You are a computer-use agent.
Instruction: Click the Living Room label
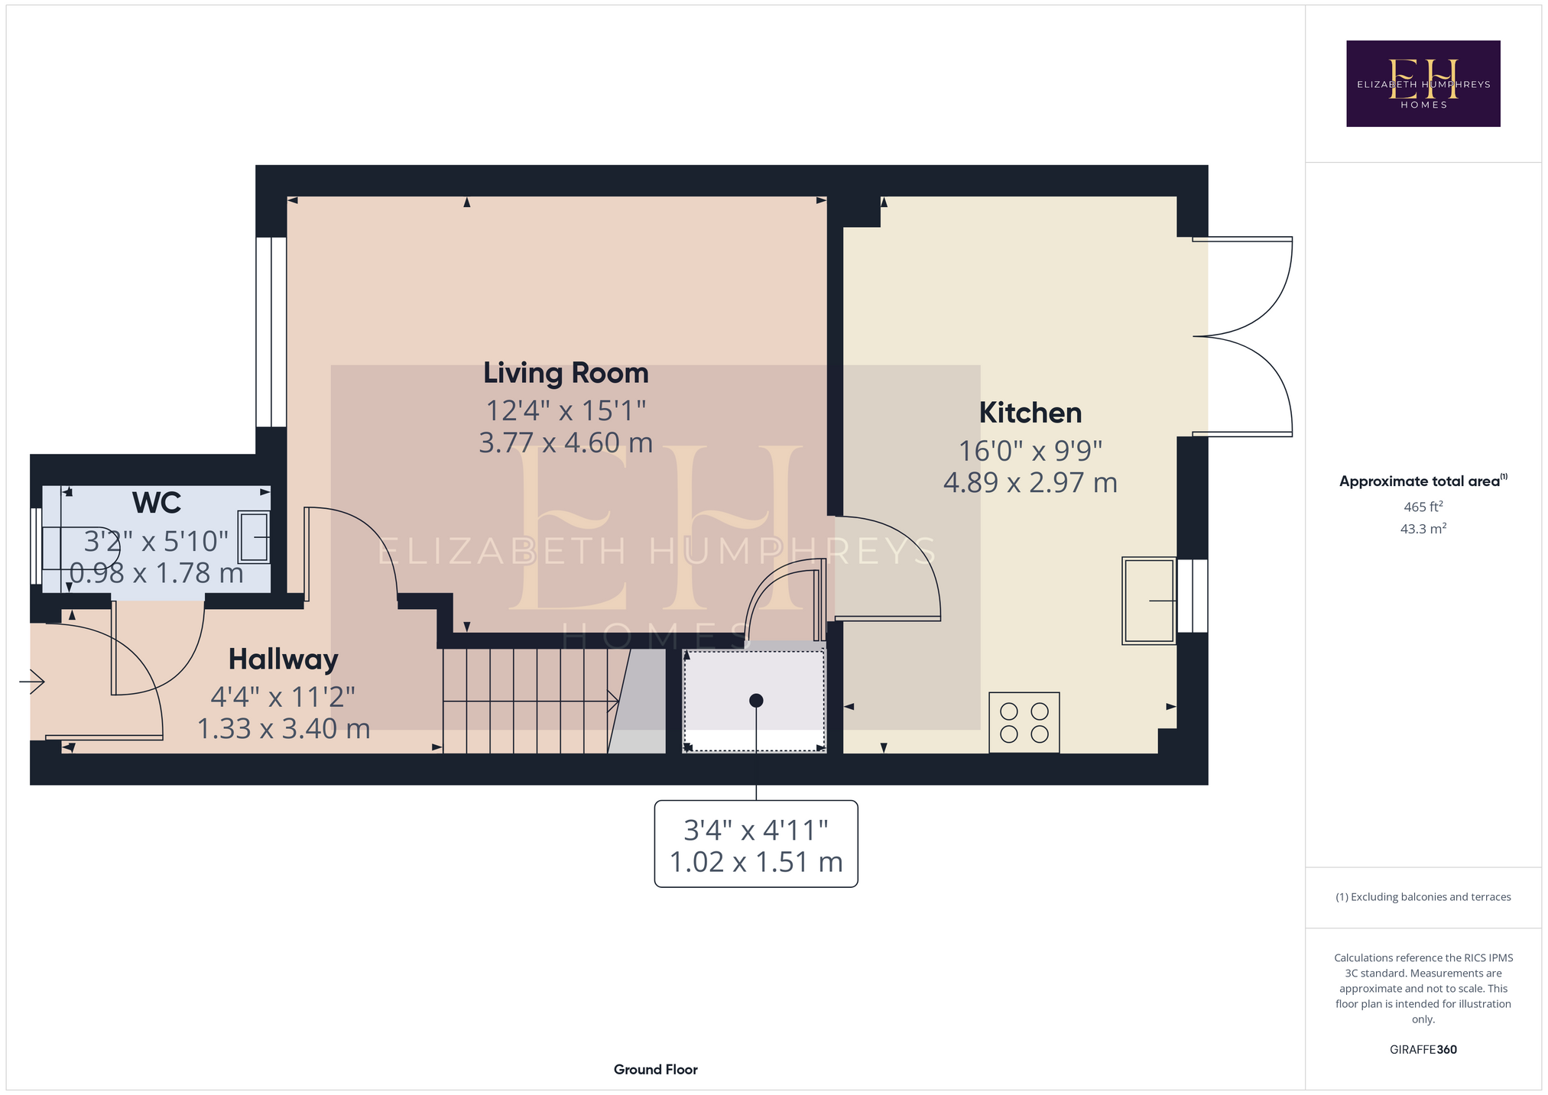coord(566,374)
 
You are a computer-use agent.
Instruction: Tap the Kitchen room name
coord(1030,413)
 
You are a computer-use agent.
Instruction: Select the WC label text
coord(157,504)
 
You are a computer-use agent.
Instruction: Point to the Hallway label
coord(284,660)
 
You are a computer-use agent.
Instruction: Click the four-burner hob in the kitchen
coord(1024,722)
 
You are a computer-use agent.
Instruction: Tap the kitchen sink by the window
coord(1149,601)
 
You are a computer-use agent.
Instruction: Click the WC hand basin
coord(255,537)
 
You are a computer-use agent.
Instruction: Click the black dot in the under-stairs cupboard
coord(756,700)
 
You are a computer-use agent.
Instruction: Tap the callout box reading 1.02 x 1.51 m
coord(756,844)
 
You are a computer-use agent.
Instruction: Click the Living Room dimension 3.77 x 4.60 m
coord(566,443)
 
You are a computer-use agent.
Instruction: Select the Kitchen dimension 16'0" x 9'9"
coord(1030,452)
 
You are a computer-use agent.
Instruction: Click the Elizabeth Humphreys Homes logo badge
coord(1423,83)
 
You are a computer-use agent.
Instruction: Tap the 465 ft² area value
coord(1423,506)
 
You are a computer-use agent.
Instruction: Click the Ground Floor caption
coord(656,1070)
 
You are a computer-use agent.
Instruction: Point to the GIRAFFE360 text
coord(1423,1050)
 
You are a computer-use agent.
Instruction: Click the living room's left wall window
coord(271,332)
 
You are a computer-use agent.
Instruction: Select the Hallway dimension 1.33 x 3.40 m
coord(284,729)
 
